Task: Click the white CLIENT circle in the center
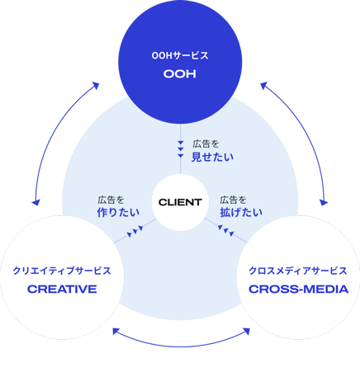click(180, 202)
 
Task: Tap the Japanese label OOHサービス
click(180, 56)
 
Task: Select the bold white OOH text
click(180, 74)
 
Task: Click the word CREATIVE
click(62, 290)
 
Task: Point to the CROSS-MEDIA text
click(299, 290)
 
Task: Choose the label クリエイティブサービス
click(62, 271)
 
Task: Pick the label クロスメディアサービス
click(298, 271)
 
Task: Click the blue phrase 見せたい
click(212, 157)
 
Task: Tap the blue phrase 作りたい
click(118, 212)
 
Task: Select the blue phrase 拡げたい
click(241, 212)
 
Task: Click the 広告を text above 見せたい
click(206, 144)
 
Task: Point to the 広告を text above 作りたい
click(111, 200)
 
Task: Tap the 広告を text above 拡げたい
click(233, 200)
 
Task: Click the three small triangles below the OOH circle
click(181, 149)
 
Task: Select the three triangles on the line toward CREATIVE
click(135, 231)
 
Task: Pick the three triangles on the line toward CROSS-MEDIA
click(226, 231)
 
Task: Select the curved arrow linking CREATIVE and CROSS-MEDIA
click(181, 346)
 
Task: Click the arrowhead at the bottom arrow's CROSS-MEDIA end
click(247, 332)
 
